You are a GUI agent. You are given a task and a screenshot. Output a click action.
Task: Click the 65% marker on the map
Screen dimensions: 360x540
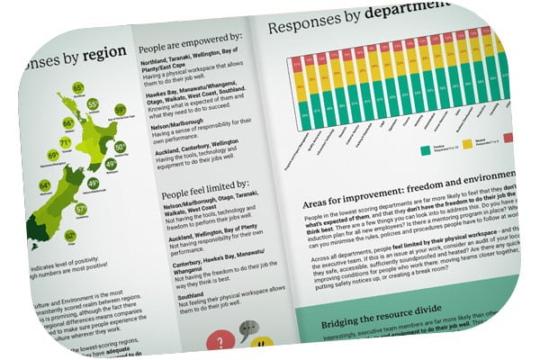pos(78,88)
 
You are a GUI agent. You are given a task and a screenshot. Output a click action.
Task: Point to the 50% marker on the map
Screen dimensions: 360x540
pos(121,147)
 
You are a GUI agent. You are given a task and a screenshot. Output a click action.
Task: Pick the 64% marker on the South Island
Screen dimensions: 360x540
pos(45,186)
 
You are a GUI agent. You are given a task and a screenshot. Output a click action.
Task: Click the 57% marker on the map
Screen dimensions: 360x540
pos(82,210)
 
